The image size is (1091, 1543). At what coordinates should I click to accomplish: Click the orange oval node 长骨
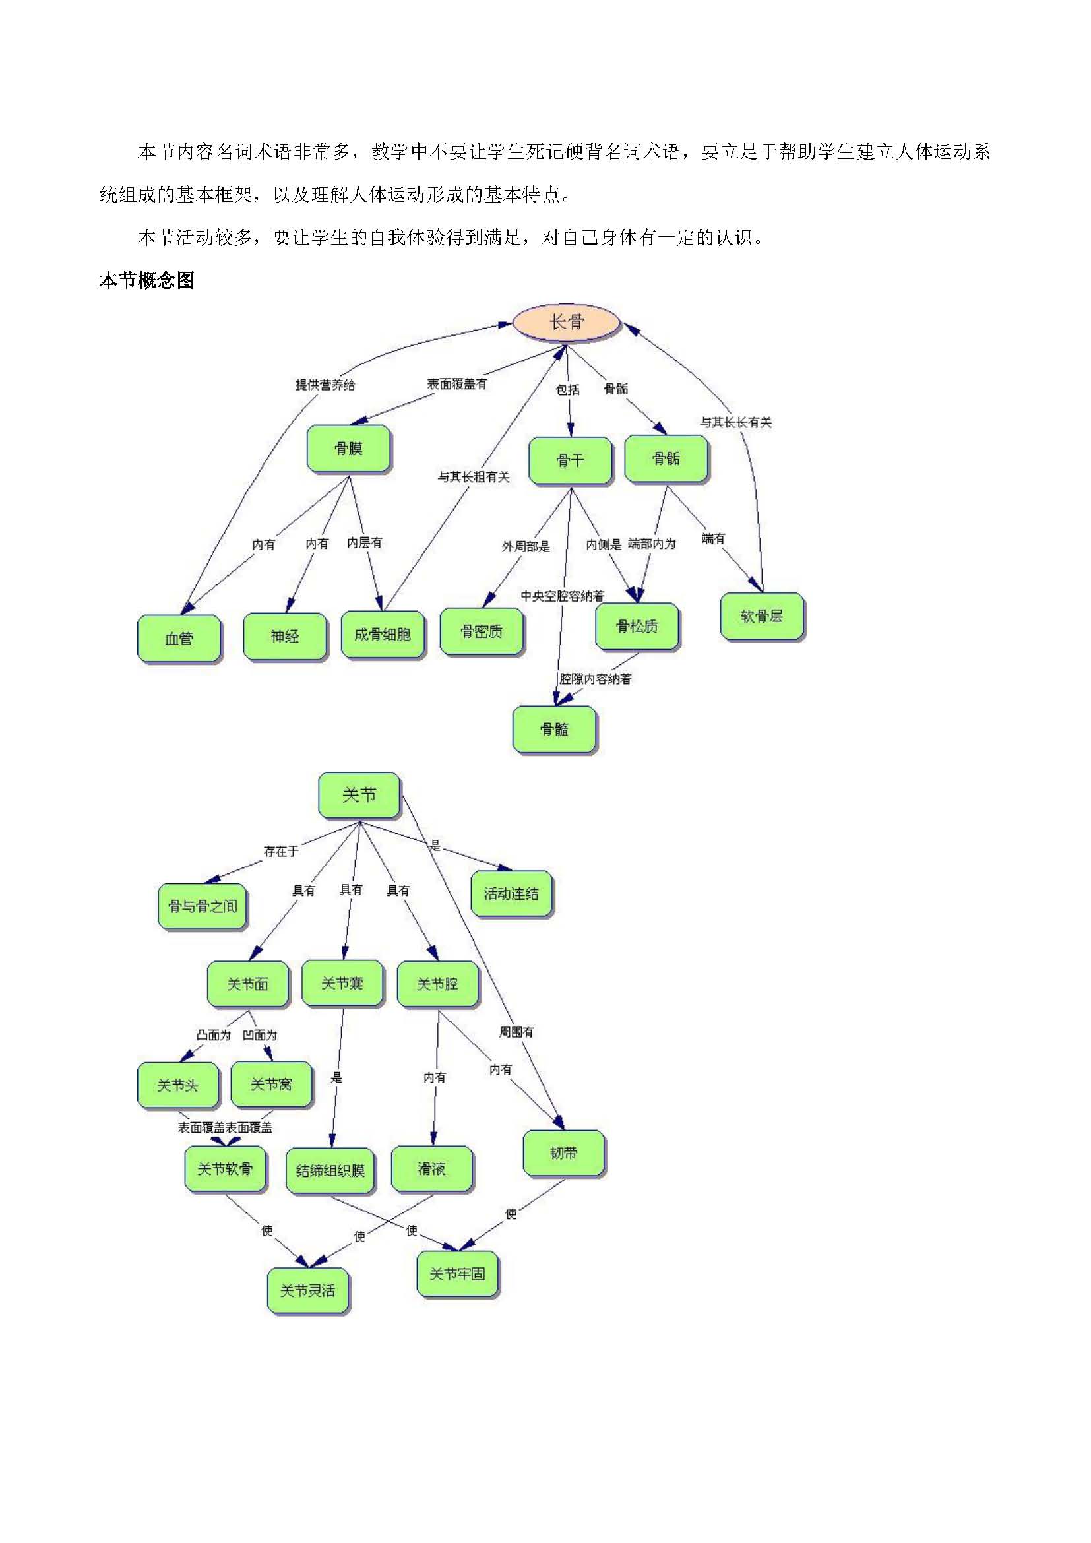pyautogui.click(x=566, y=323)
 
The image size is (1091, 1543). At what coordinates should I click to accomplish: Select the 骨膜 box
pyautogui.click(x=349, y=448)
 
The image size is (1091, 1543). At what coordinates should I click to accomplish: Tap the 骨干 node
pyautogui.click(x=571, y=460)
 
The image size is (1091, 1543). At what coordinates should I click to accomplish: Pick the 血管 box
pyautogui.click(x=179, y=639)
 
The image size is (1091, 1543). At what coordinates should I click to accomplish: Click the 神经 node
pyautogui.click(x=285, y=636)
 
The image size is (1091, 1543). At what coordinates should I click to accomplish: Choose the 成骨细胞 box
pyautogui.click(x=383, y=635)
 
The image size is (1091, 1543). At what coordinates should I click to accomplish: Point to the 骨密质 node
pyautogui.click(x=482, y=631)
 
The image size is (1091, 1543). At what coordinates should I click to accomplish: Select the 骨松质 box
pyautogui.click(x=637, y=626)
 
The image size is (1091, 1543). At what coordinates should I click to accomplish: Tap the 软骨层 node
pyautogui.click(x=762, y=616)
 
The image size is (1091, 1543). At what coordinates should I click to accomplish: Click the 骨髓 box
pyautogui.click(x=554, y=729)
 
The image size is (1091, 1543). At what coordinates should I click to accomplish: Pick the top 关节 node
pyautogui.click(x=359, y=796)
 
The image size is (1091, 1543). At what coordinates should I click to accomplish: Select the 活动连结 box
pyautogui.click(x=512, y=894)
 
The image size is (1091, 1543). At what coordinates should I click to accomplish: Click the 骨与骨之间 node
pyautogui.click(x=203, y=906)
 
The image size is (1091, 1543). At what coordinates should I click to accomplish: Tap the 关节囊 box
pyautogui.click(x=342, y=984)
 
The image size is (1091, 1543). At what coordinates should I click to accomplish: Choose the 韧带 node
pyautogui.click(x=563, y=1153)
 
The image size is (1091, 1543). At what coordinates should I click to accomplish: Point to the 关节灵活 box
pyautogui.click(x=308, y=1291)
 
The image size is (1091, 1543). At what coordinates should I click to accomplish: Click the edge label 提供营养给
pyautogui.click(x=325, y=385)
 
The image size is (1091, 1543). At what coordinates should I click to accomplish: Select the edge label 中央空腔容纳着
pyautogui.click(x=562, y=596)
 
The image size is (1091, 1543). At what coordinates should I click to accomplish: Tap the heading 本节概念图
pyautogui.click(x=146, y=281)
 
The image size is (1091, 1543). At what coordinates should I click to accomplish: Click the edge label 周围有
pyautogui.click(x=516, y=1032)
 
